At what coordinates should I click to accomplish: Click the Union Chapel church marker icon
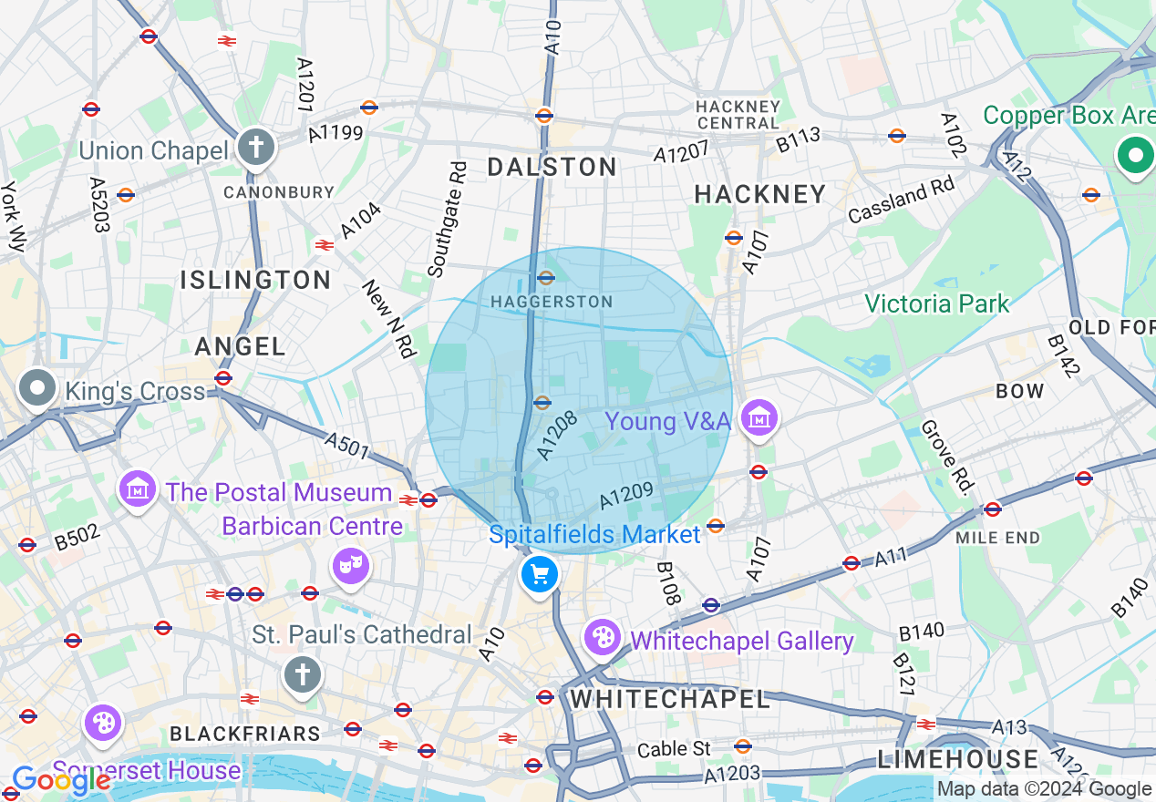(255, 147)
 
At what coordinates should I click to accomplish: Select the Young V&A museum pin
(759, 418)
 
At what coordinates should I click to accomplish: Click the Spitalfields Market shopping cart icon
(539, 575)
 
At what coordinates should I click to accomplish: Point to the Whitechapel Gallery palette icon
(603, 638)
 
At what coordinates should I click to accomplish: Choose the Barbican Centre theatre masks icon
(351, 567)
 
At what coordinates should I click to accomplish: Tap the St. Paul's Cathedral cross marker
(303, 675)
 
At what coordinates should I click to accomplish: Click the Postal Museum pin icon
(138, 489)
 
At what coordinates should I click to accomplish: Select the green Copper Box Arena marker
(1135, 155)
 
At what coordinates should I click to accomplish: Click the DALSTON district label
(552, 167)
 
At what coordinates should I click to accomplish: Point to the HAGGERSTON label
(551, 302)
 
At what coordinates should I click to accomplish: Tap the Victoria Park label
(936, 303)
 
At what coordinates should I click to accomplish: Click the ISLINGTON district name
(255, 280)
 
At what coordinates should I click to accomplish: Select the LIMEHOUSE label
(957, 759)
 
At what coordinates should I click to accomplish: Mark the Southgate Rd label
(447, 220)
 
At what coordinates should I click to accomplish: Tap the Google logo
(60, 780)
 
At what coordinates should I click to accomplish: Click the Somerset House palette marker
(103, 724)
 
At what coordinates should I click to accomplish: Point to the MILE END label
(997, 538)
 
